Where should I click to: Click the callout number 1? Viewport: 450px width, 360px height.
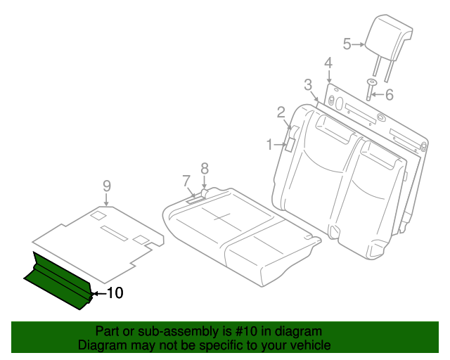269,144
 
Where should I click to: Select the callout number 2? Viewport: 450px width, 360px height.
281,111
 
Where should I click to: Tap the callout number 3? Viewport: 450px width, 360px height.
308,85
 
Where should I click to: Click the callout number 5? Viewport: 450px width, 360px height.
347,44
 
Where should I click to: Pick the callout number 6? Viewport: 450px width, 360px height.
389,94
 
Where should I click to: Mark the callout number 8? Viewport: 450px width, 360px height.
205,167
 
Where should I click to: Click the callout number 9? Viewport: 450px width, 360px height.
107,185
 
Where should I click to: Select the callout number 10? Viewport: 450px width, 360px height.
115,292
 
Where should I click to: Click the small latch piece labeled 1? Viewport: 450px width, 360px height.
288,145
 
